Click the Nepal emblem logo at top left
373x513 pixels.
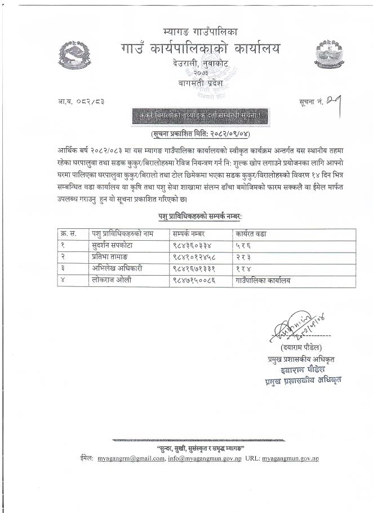(76, 55)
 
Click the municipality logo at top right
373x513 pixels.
(329, 52)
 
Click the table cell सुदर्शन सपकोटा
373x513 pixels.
(110, 246)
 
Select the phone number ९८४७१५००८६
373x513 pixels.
(196, 280)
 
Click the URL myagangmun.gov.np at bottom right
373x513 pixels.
(290, 458)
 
